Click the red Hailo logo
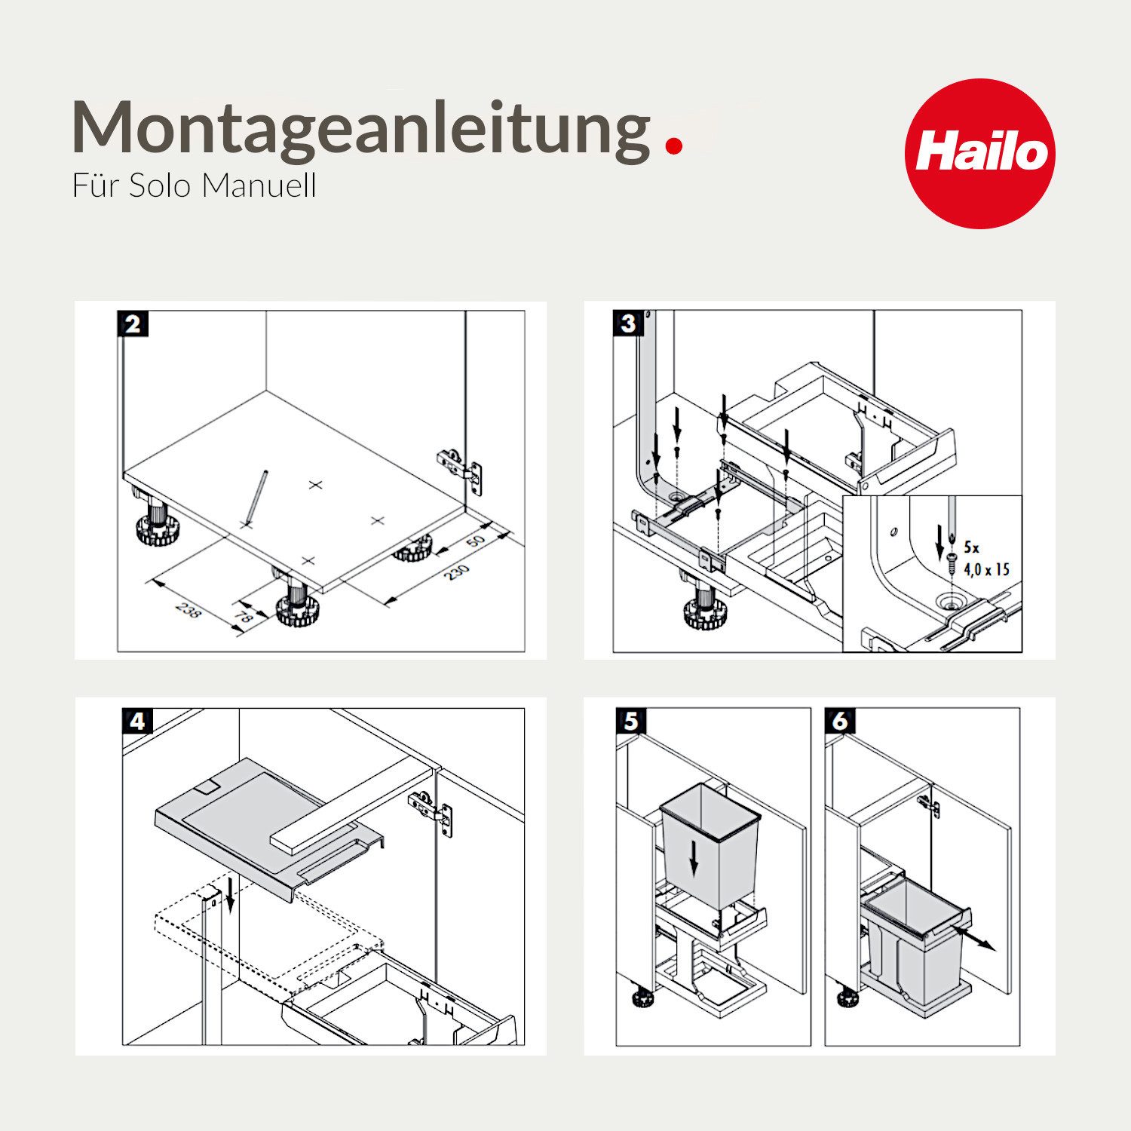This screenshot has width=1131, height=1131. [x=979, y=153]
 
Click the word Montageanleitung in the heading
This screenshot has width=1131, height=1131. [x=361, y=128]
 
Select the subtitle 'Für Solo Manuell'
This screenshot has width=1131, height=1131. [x=194, y=185]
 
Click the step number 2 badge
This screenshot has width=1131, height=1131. [x=133, y=324]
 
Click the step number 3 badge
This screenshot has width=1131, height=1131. [x=628, y=324]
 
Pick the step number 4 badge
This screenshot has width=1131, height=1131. [x=137, y=722]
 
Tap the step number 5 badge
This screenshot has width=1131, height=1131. [x=631, y=722]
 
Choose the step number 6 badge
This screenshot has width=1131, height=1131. [x=840, y=722]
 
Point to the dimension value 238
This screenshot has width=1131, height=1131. [x=188, y=609]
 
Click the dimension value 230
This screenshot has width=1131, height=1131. [x=455, y=572]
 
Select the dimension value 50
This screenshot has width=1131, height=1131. [x=475, y=541]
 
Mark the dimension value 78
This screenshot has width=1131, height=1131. [x=244, y=617]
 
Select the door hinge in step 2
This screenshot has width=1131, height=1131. [x=458, y=469]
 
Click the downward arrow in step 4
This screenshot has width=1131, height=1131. [x=231, y=893]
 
